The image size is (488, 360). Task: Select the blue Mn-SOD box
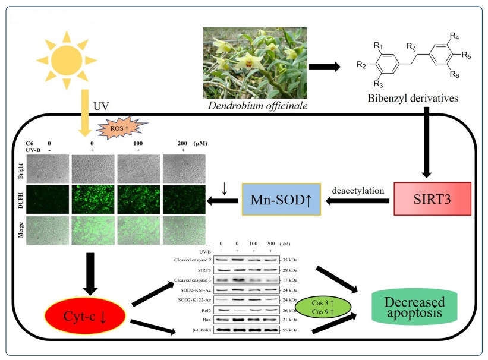click(281, 198)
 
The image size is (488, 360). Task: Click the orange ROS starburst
click(117, 128)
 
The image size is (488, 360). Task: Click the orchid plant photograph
click(255, 62)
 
